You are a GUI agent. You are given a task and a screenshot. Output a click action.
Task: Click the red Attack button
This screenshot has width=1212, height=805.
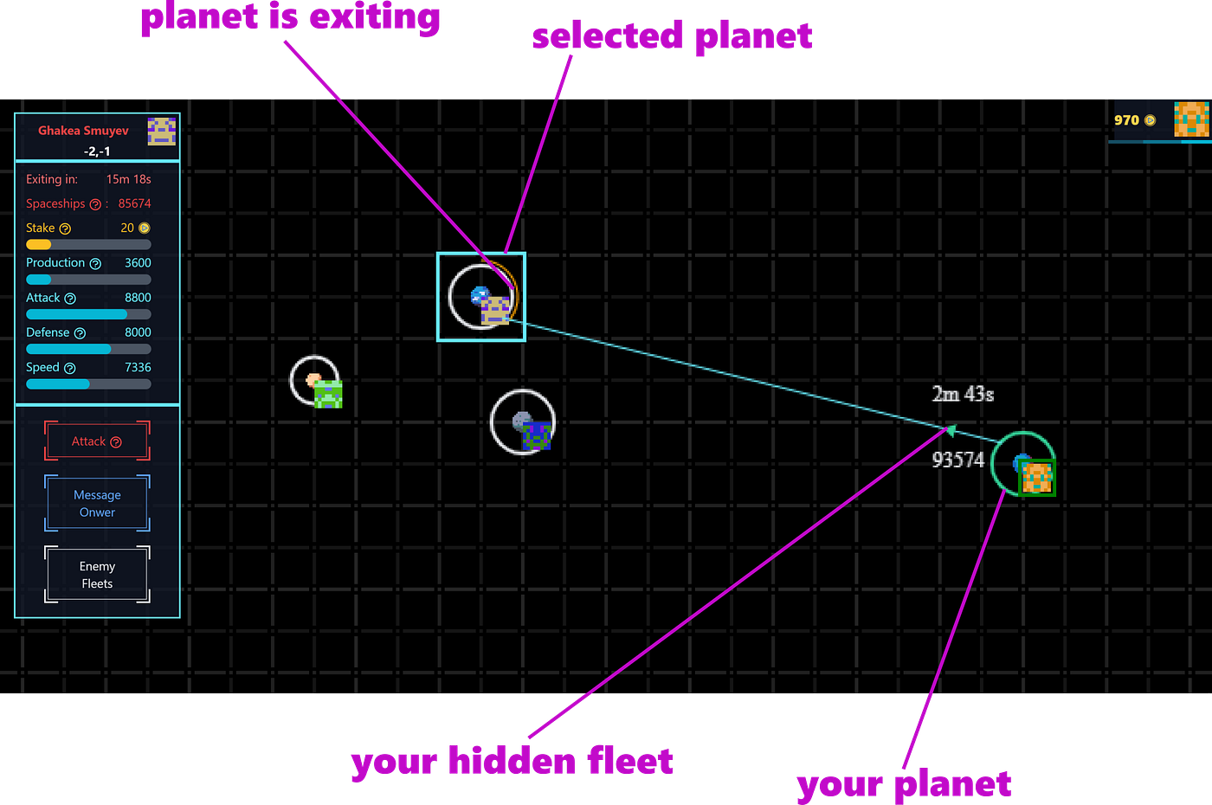point(97,441)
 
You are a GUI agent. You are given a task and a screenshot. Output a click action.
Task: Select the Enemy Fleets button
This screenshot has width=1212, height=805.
point(97,575)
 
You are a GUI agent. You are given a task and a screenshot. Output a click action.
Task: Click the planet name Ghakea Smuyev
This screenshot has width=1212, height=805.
point(83,131)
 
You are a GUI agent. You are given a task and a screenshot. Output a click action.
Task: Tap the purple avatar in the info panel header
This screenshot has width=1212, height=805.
point(162,132)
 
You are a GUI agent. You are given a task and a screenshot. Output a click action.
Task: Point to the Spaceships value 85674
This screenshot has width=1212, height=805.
point(134,203)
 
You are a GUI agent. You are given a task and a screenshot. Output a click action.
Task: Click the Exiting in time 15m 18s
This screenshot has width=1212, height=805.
point(128,179)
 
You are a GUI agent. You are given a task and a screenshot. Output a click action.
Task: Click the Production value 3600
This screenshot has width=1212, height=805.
point(138,262)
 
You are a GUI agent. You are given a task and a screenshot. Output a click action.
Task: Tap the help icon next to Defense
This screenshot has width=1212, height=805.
point(80,333)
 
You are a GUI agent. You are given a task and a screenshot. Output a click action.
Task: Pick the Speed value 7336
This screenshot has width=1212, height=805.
point(138,367)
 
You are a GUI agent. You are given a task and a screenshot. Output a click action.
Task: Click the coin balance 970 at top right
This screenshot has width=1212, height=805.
point(1126,120)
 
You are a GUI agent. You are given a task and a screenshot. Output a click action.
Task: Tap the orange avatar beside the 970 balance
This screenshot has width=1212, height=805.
point(1191,119)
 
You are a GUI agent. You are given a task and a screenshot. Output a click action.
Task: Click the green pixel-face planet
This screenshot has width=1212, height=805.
point(327,393)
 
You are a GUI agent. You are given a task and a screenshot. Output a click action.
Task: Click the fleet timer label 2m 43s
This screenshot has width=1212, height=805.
point(963,394)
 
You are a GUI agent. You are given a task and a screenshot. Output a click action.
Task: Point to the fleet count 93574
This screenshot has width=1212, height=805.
point(957,460)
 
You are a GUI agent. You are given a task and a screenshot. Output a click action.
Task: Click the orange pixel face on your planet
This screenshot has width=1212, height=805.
point(1037,477)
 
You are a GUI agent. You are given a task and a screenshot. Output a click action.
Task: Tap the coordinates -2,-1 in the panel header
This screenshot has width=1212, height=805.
point(97,151)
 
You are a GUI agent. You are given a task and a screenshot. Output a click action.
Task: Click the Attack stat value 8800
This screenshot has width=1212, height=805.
point(138,298)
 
